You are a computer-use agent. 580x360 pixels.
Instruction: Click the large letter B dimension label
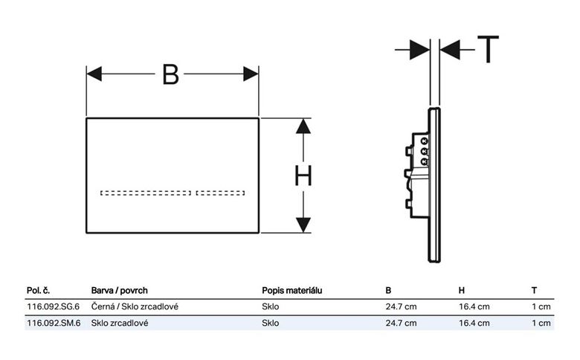170,74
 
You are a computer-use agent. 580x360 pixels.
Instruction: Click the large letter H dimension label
303,176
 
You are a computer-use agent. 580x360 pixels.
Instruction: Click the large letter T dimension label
489,49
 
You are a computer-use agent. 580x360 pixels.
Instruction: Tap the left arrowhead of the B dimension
94,74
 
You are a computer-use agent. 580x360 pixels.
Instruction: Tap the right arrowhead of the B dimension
251,74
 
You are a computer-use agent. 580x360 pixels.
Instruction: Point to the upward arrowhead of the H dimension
303,126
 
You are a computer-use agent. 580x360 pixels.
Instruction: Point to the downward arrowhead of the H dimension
303,225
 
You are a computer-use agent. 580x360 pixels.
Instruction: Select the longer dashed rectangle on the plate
146,193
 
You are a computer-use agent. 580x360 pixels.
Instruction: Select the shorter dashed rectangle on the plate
220,193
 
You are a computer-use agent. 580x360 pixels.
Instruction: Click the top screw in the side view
425,141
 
